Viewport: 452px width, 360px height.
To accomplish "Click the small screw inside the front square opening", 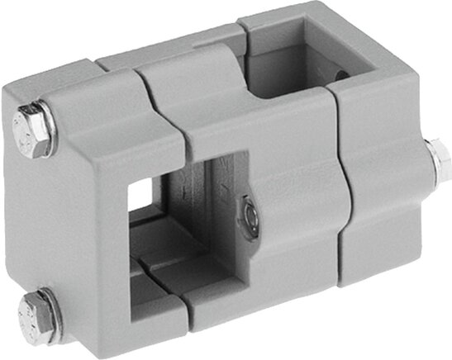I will point(250,216).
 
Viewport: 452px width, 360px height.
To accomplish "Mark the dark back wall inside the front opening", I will point(215,206).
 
